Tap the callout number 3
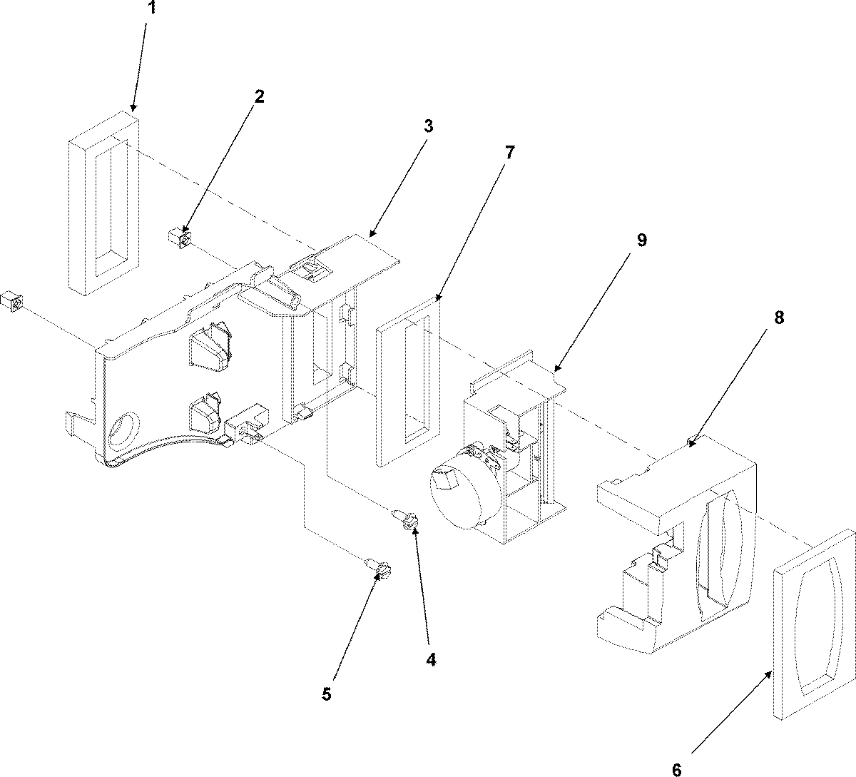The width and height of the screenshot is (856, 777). [x=427, y=126]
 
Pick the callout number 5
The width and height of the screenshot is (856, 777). [x=327, y=694]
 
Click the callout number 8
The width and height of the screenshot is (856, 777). [x=778, y=318]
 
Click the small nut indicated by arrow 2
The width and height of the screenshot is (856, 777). [x=179, y=238]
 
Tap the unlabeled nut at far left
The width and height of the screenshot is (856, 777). [x=14, y=302]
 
